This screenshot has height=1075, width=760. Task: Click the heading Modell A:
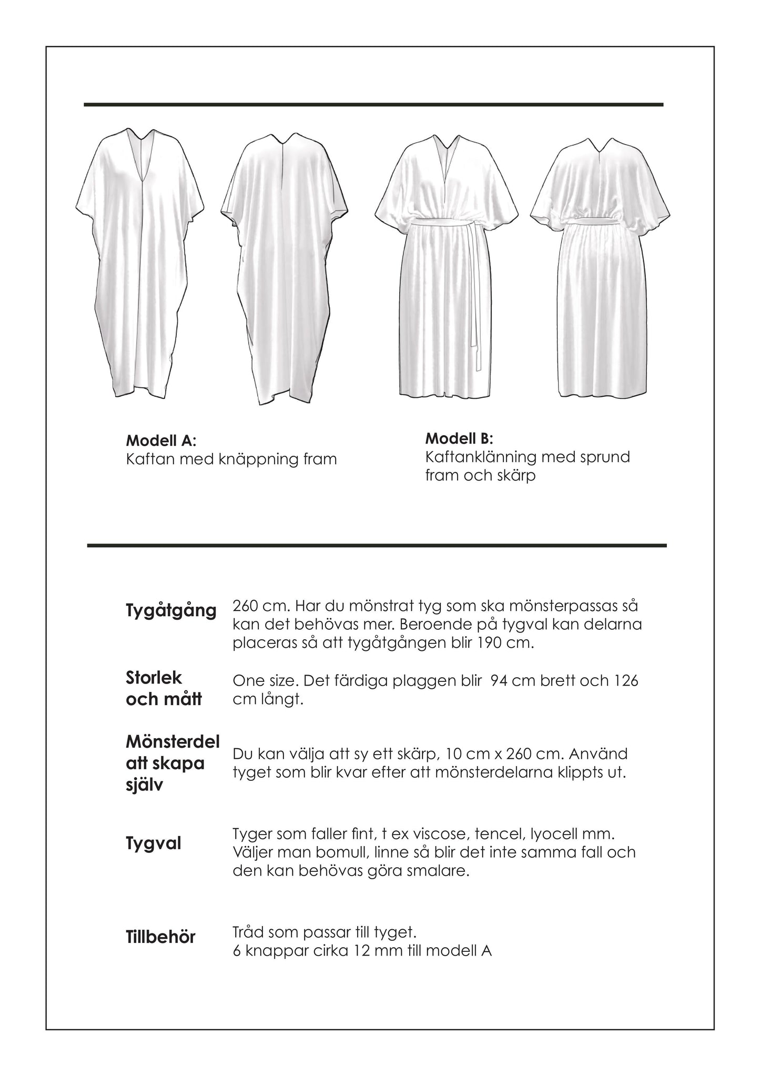[x=161, y=440]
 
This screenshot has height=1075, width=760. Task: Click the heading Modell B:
[x=459, y=438]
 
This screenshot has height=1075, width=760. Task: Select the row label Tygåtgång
[x=171, y=611]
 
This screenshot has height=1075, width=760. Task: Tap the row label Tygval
[x=154, y=844]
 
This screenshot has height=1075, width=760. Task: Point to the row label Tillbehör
[x=160, y=937]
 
